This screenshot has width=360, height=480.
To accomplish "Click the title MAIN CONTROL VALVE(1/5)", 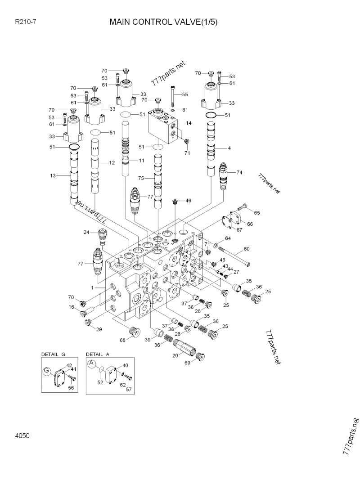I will tap(163, 22).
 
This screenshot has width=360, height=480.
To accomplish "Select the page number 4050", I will tap(22, 435).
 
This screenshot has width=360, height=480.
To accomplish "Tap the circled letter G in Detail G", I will tap(47, 371).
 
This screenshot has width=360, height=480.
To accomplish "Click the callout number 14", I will tap(189, 123).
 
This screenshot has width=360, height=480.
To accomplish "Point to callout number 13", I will tap(53, 175).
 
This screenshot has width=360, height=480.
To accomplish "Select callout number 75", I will tap(141, 179).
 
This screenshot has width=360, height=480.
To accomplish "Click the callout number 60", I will tap(246, 249).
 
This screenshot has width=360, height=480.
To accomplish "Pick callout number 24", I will tap(86, 232).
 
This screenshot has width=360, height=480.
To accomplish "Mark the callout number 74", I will tap(239, 173).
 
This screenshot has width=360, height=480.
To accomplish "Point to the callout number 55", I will tap(184, 94).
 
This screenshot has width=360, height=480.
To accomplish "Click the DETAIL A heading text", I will tap(98, 354).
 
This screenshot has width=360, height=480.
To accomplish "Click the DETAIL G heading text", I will tap(53, 354).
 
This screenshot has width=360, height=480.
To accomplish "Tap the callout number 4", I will tap(229, 148).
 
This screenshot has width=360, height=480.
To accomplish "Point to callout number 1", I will tap(92, 287).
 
